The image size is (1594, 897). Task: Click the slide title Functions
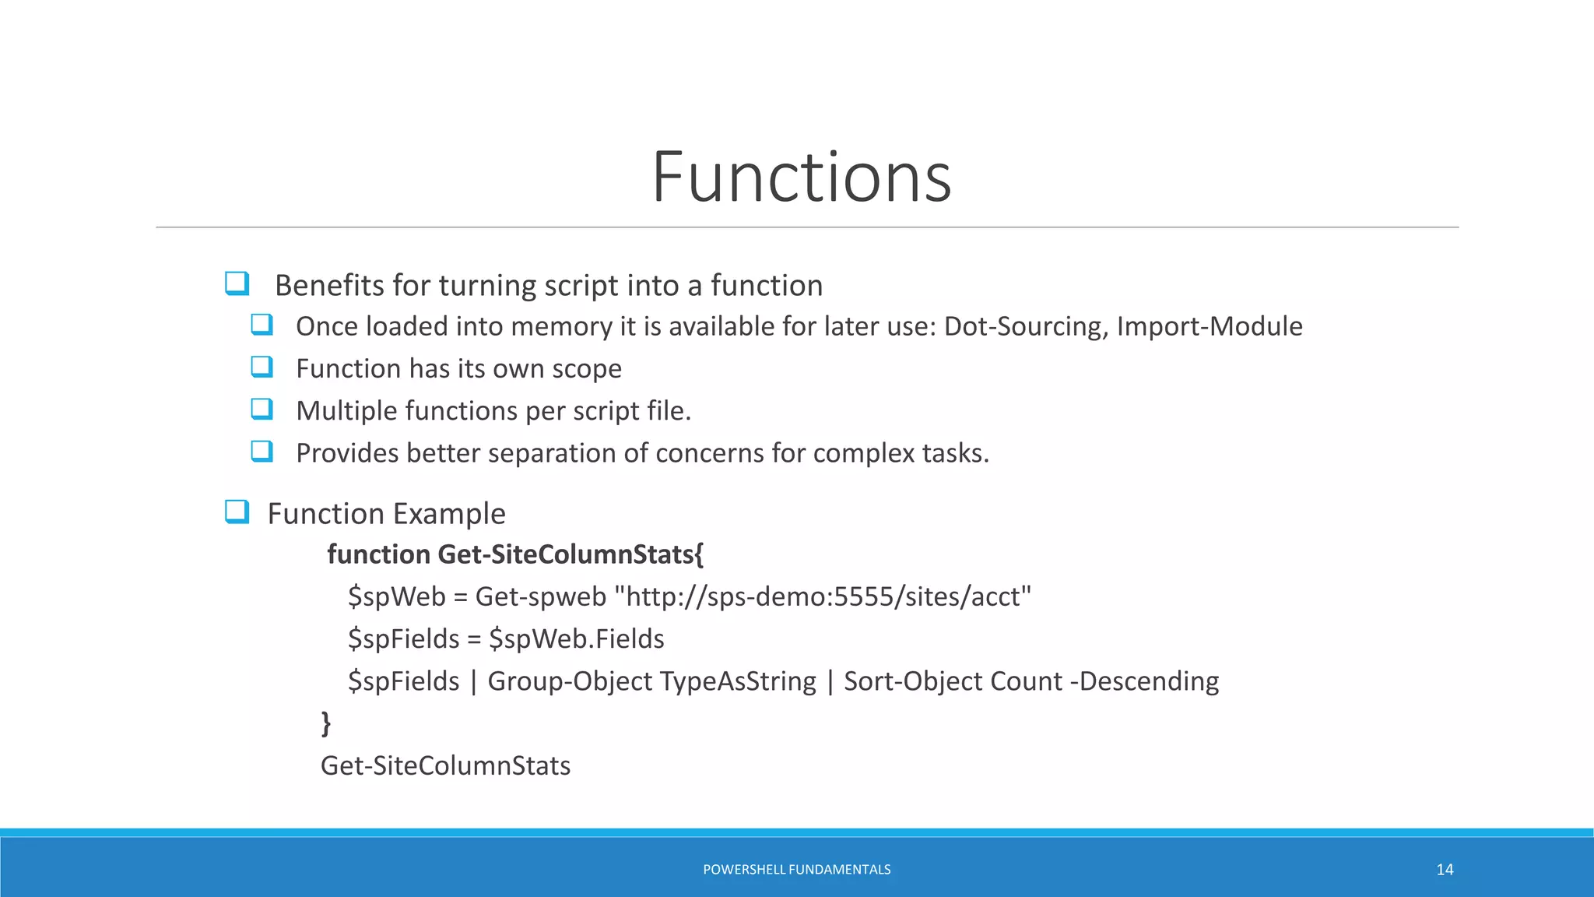(801, 178)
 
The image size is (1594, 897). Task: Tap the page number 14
(1445, 870)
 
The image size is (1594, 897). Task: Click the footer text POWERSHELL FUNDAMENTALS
(796, 870)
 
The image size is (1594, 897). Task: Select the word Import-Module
(1209, 326)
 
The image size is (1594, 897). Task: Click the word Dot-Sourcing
(1024, 326)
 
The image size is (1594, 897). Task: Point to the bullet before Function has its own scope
(262, 367)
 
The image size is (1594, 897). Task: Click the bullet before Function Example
(237, 512)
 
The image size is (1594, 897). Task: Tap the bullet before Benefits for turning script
(237, 283)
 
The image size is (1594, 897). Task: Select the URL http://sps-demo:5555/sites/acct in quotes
(828, 597)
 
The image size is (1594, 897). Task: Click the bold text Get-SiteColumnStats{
(571, 554)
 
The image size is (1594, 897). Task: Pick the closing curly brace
(326, 723)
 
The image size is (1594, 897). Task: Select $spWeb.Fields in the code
(576, 639)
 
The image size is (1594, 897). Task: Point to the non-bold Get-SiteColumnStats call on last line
(445, 766)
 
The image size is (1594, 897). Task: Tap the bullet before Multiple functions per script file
(262, 409)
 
